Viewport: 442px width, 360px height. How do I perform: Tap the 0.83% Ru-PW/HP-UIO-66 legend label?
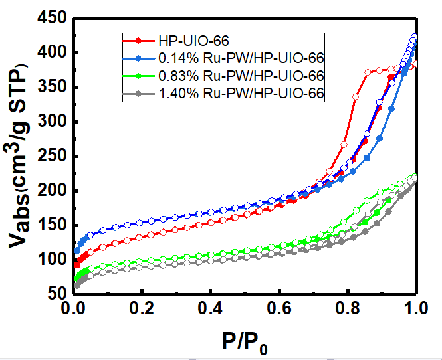pos(241,76)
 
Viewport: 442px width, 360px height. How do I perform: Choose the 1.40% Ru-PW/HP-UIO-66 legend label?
pos(241,94)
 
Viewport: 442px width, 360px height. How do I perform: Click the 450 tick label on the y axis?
pos(51,19)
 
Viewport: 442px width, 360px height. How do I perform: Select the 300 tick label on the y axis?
pos(51,122)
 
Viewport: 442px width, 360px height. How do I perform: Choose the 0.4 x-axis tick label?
pos(210,310)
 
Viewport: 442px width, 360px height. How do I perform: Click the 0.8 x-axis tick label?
pos(347,310)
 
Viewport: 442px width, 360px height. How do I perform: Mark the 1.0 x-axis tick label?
pos(415,310)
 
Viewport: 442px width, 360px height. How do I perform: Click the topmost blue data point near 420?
pos(415,37)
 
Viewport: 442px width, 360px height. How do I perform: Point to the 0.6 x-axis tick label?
pos(278,310)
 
